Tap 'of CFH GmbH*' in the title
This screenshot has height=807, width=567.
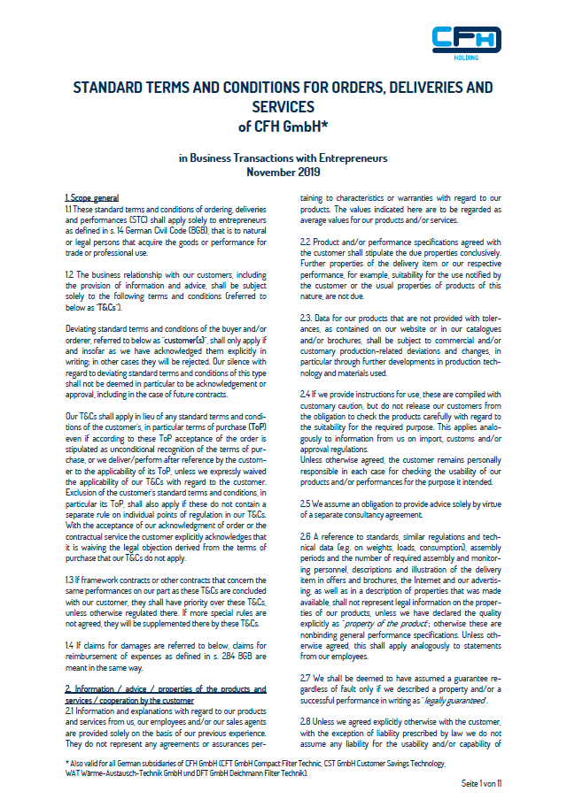point(283,126)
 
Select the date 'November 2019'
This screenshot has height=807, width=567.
point(283,172)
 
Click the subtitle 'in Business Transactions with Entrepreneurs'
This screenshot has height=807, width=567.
point(283,158)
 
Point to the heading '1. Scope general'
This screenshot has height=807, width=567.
point(92,196)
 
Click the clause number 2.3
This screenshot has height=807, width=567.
point(306,317)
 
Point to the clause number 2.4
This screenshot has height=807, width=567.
point(307,392)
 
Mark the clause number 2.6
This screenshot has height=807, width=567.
point(307,535)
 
